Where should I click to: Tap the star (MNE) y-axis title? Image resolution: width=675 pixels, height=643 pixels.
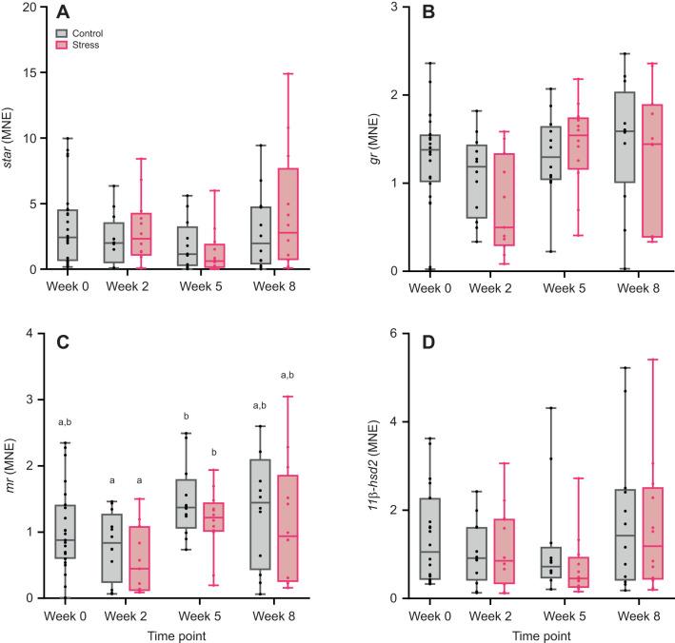[x=10, y=139]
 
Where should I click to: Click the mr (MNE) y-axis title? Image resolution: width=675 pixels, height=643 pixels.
[x=10, y=465]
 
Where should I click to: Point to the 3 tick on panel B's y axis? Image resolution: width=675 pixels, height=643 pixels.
[x=377, y=8]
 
